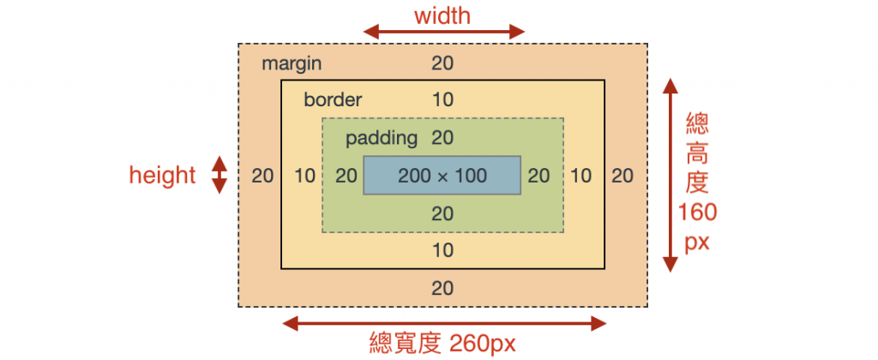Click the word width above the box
click(442, 15)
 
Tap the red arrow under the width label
click(443, 33)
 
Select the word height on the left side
click(162, 176)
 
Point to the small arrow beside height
click(219, 175)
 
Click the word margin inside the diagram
click(292, 63)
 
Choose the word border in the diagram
click(333, 99)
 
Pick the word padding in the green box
click(381, 137)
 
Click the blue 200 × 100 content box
click(442, 176)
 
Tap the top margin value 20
click(442, 63)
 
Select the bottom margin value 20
click(442, 288)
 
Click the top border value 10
click(442, 99)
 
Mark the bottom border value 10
click(442, 250)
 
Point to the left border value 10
click(305, 176)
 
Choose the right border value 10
click(581, 176)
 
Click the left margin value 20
click(262, 176)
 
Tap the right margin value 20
click(622, 176)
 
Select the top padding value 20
click(442, 137)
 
